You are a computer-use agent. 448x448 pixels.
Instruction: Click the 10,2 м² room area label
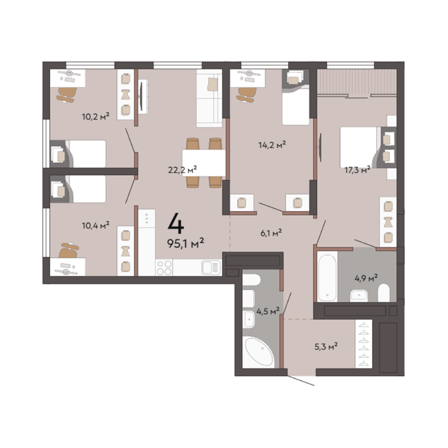click(x=96, y=116)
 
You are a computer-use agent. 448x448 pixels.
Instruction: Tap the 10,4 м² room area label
click(x=96, y=225)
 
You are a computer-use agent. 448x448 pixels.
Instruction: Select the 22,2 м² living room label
click(x=182, y=170)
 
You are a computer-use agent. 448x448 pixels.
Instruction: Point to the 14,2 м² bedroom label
click(x=272, y=145)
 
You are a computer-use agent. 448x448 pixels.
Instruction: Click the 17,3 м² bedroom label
click(x=358, y=170)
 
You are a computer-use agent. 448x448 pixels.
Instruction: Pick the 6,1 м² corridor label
click(x=271, y=233)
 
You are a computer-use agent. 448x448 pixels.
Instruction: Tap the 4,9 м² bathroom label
click(x=366, y=278)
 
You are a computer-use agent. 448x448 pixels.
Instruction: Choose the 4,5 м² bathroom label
click(x=268, y=311)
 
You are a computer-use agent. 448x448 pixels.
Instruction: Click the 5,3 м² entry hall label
click(x=326, y=346)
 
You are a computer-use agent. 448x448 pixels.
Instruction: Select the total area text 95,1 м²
click(x=185, y=243)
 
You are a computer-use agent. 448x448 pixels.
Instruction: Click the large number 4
click(x=176, y=224)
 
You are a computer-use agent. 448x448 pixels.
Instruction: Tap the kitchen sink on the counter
click(x=211, y=268)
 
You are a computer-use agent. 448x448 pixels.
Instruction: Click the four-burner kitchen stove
click(x=164, y=268)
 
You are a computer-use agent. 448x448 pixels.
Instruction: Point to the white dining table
click(x=204, y=163)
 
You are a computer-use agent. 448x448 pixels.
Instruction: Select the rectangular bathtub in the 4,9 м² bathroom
click(x=327, y=276)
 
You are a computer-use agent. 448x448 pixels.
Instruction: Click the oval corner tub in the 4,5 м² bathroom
click(x=259, y=352)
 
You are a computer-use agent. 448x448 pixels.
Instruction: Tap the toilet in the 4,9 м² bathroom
click(x=384, y=293)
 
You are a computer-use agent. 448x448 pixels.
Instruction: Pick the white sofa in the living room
click(x=209, y=98)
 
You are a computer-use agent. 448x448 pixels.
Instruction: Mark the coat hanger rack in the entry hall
click(x=364, y=344)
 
